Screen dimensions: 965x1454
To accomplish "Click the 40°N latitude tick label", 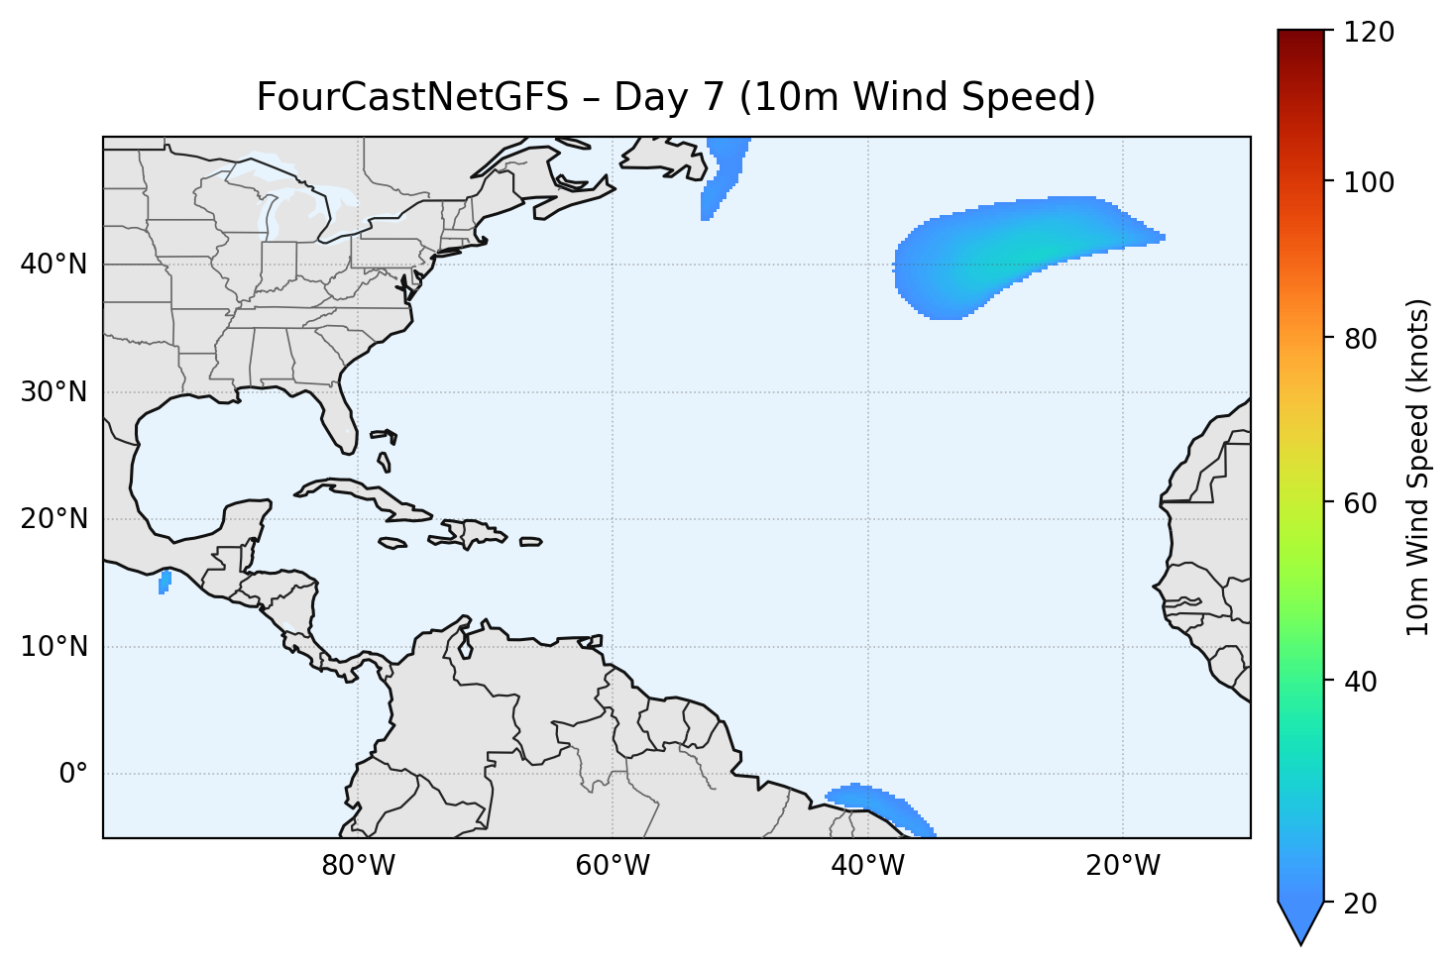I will (54, 265).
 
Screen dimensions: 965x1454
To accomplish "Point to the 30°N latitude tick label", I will (54, 392).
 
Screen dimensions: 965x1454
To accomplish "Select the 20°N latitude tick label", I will (54, 519).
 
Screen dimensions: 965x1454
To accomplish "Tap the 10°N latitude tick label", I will (54, 647).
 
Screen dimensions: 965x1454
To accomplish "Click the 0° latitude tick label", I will (73, 774).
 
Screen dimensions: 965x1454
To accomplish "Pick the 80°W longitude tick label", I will (358, 866).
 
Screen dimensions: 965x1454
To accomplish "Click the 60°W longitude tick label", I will (613, 866).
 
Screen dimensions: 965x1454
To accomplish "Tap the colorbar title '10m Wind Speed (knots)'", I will (1419, 468).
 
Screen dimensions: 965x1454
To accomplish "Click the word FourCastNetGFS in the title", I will (412, 97).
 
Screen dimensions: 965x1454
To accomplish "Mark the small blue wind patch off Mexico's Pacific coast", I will (165, 582).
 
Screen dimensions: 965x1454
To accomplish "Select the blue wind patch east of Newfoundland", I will (724, 173).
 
